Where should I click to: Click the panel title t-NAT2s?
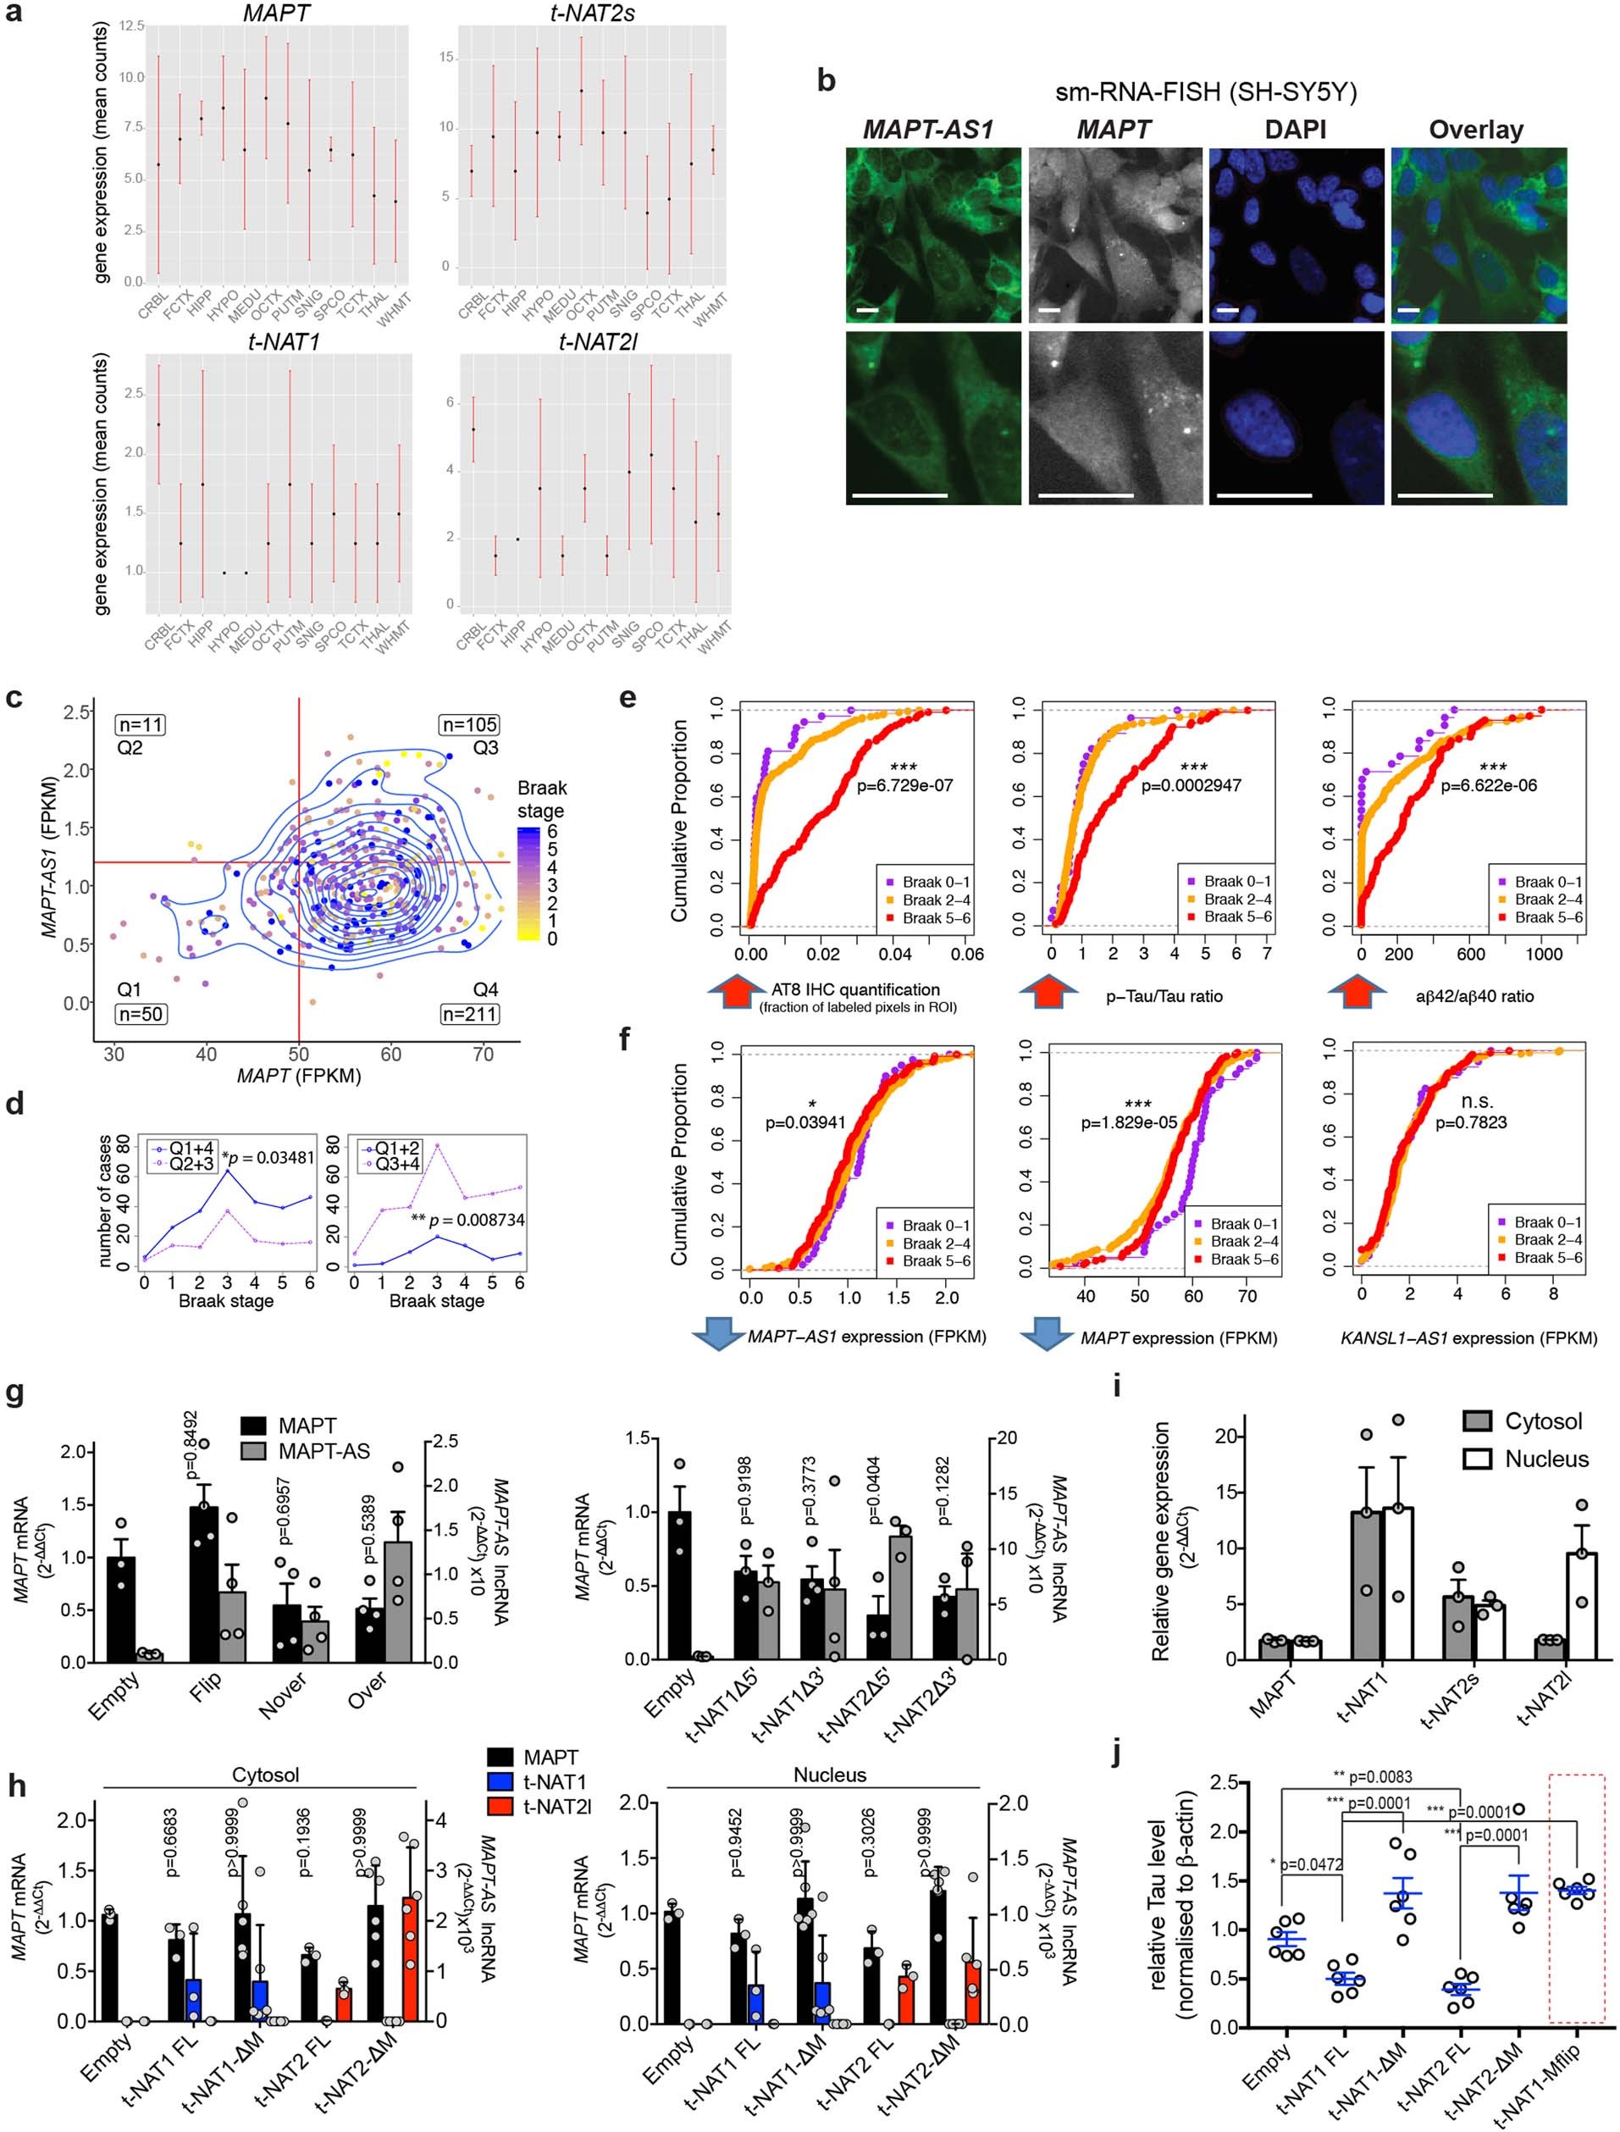591,13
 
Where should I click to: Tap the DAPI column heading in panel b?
1295,130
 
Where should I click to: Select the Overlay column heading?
1475,130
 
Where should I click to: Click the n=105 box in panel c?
468,724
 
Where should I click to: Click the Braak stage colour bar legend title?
541,800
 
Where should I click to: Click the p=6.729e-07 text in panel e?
904,785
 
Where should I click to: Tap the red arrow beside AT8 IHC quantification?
737,994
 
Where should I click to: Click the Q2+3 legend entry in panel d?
182,1165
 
